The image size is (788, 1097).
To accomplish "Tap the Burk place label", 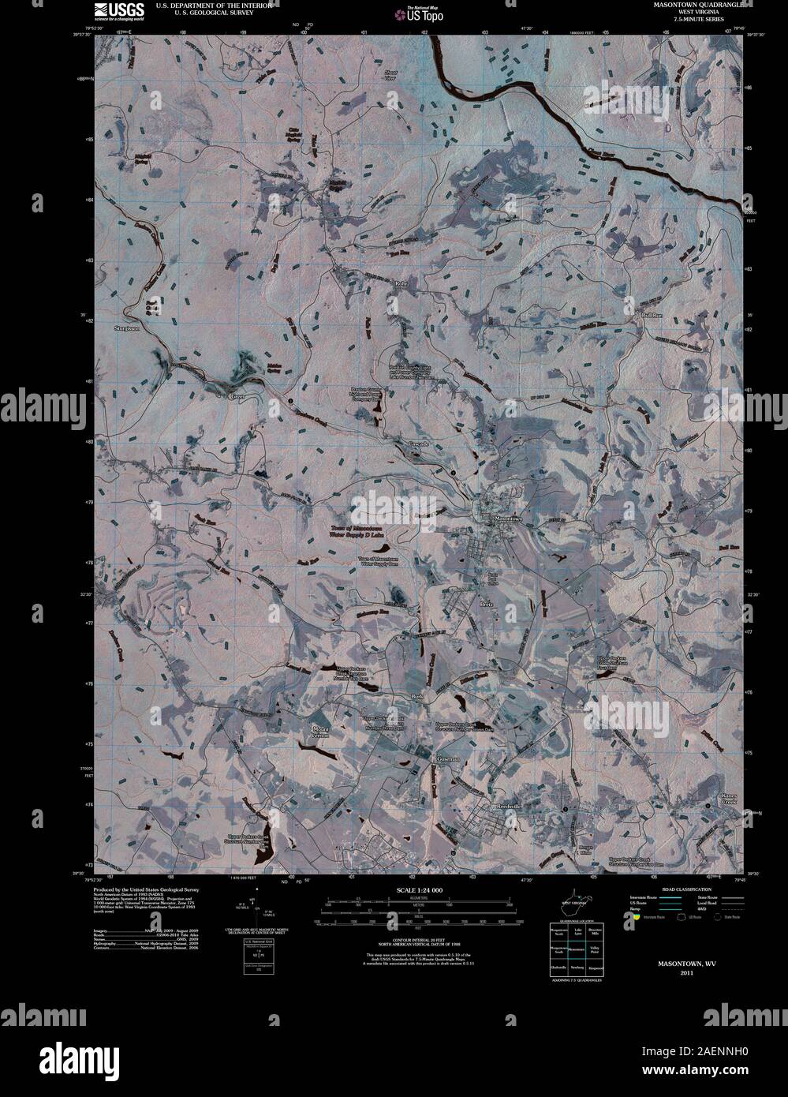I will (x=418, y=697).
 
